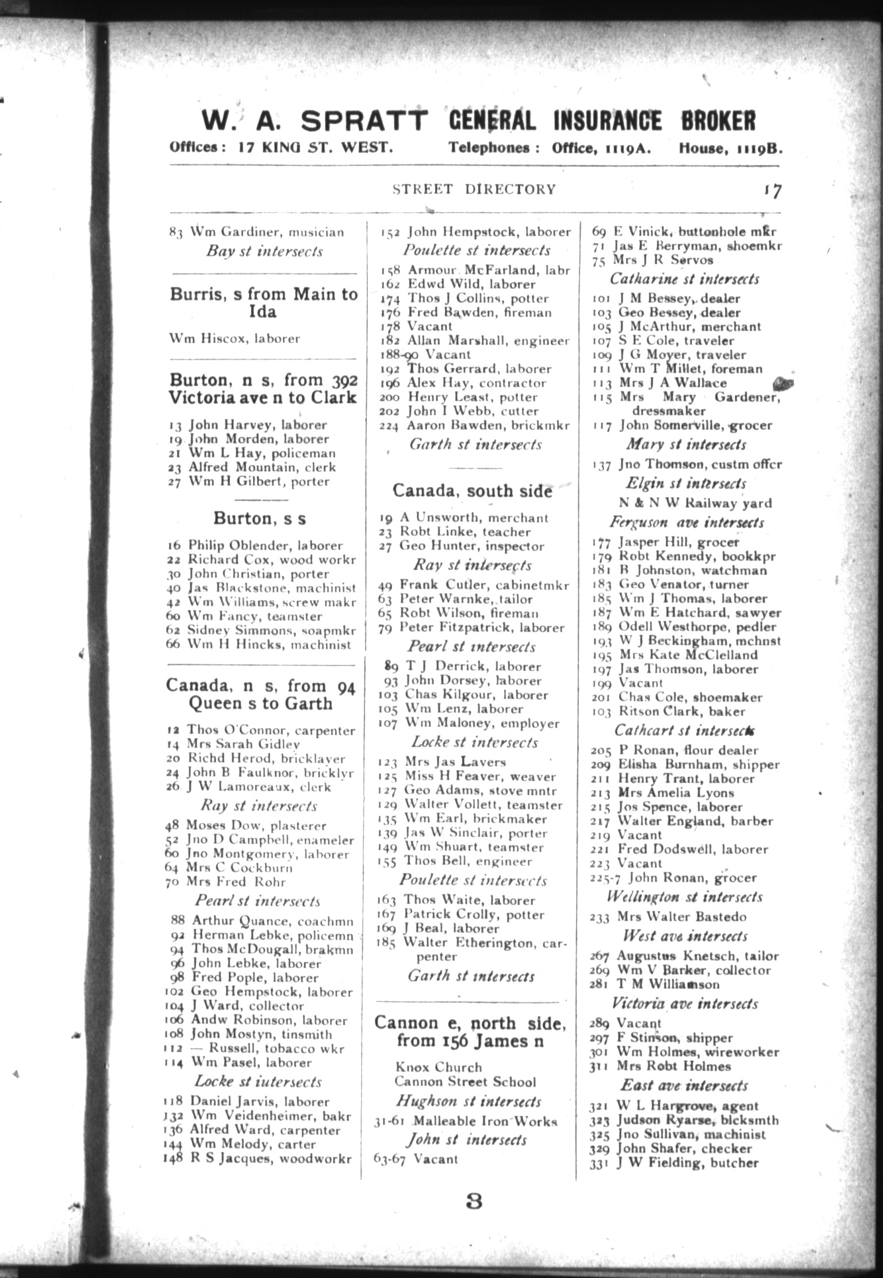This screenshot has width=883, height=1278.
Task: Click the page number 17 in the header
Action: tap(772, 191)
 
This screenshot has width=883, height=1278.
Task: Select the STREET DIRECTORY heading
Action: tap(474, 189)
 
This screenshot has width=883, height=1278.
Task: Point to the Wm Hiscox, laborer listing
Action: tap(235, 338)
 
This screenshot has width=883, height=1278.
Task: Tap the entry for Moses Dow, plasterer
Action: tap(246, 826)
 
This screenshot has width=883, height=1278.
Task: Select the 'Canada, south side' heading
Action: tap(473, 491)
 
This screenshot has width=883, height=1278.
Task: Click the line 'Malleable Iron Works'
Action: tap(466, 1121)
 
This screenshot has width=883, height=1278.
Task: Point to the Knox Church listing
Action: tap(438, 1067)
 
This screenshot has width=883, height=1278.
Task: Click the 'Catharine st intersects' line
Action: tap(684, 279)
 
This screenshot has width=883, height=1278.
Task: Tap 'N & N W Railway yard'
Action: tap(695, 503)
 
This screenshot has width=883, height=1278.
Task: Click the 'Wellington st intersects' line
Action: tap(684, 897)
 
